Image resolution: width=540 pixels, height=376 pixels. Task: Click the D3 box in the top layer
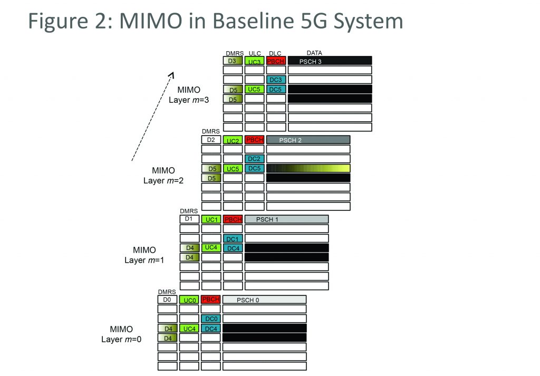point(233,61)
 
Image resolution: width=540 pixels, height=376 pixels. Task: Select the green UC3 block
point(254,61)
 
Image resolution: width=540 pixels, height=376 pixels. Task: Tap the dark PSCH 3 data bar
point(330,61)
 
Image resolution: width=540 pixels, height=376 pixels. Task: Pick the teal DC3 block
point(276,79)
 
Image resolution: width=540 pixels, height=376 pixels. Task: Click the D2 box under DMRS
point(211,140)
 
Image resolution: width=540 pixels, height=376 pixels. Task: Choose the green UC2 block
point(233,140)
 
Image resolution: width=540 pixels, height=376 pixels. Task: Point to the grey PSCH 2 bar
point(308,140)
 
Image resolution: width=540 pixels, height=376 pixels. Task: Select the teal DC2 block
point(254,159)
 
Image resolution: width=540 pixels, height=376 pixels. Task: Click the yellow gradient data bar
point(308,168)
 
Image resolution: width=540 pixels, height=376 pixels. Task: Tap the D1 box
point(189,219)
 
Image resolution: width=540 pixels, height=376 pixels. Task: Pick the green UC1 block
point(211,219)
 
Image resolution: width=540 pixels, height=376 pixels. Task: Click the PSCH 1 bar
point(286,219)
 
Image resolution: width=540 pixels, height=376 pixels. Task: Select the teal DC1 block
point(233,238)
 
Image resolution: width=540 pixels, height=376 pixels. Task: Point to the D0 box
point(167,300)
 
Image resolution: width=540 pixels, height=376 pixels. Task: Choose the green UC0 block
point(189,300)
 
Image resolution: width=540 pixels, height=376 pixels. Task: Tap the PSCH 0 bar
point(264,300)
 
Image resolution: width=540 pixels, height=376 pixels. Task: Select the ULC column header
point(255,53)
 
